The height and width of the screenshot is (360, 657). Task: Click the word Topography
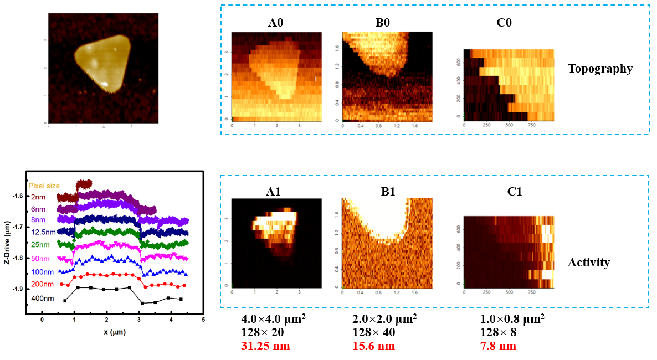point(600,69)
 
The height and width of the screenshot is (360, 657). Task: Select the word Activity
point(588,263)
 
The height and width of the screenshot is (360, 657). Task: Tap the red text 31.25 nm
point(265,346)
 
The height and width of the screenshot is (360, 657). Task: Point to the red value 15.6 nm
point(374,346)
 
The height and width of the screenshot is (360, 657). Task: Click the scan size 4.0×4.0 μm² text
point(273,320)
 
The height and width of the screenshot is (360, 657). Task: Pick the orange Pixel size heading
point(44,186)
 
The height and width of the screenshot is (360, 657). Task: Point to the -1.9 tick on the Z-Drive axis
point(18,289)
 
